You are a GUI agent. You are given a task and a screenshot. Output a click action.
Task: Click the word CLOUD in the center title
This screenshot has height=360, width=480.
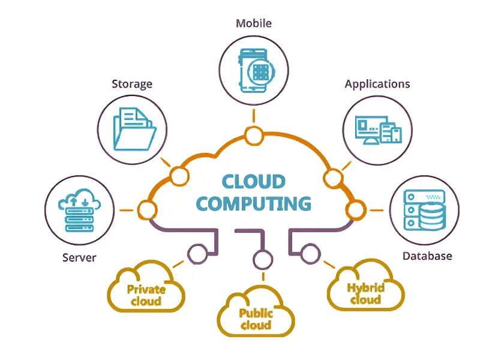[254, 181]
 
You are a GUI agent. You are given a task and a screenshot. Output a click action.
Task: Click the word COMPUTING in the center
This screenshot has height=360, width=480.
[254, 203]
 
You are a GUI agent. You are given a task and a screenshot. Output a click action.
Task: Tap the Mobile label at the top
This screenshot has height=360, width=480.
[254, 23]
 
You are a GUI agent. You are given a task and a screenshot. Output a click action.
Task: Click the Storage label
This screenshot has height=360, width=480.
[132, 83]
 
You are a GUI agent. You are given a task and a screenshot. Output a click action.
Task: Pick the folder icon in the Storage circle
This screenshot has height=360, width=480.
[133, 128]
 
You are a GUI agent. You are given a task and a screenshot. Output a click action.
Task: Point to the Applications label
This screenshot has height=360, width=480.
[377, 83]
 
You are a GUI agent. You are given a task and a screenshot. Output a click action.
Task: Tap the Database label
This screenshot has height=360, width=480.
[427, 256]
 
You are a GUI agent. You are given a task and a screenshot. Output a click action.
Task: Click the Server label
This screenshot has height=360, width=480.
[79, 257]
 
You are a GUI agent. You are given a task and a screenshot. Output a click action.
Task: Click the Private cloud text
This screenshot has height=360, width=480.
[146, 295]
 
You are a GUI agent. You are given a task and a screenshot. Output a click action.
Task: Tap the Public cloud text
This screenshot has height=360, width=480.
[256, 319]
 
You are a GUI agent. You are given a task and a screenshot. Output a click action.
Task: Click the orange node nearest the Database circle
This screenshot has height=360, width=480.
[355, 210]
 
